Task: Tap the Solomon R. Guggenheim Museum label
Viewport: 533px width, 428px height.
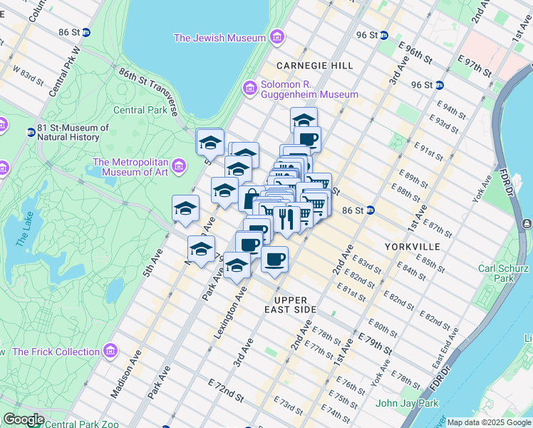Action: click(x=309, y=88)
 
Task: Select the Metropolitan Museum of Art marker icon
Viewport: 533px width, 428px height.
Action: click(x=178, y=167)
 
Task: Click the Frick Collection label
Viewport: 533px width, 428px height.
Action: click(x=56, y=352)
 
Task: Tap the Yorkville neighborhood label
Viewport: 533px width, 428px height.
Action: click(x=413, y=246)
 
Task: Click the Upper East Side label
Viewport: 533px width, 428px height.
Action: click(x=294, y=305)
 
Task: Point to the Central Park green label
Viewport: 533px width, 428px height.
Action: click(x=140, y=111)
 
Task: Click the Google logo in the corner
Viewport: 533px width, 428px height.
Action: click(x=23, y=419)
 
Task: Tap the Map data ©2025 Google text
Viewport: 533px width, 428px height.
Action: click(x=488, y=422)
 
